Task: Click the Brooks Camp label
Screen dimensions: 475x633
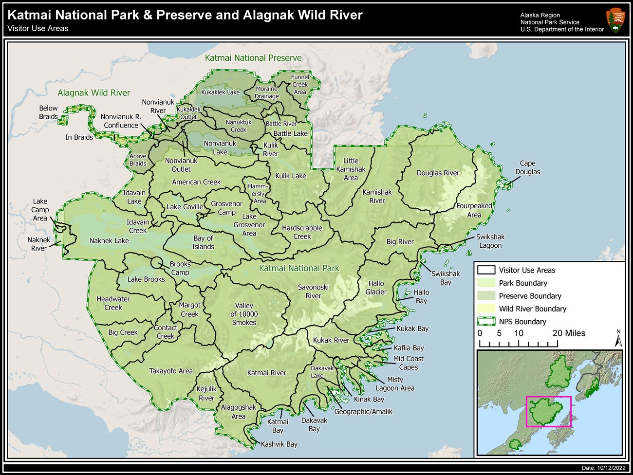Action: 180,268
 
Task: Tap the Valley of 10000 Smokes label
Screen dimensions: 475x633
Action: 244,314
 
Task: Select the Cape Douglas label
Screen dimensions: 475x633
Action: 527,167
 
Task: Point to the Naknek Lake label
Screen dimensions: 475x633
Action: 109,240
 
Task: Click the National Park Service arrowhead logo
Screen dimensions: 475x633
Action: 615,20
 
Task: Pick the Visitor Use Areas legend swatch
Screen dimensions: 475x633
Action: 486,270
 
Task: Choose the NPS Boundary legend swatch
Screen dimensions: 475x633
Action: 486,322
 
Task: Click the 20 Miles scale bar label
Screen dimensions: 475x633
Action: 569,333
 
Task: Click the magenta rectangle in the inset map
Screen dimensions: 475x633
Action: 548,411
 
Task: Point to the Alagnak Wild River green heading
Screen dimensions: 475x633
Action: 94,92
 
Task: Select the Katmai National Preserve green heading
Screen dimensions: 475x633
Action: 253,58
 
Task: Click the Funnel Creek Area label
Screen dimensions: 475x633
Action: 300,84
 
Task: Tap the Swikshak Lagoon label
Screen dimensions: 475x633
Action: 490,241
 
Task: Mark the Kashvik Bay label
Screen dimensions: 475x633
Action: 279,444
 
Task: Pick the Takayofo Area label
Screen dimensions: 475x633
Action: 171,371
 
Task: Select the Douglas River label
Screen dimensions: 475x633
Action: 438,173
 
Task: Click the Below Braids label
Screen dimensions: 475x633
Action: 48,112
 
